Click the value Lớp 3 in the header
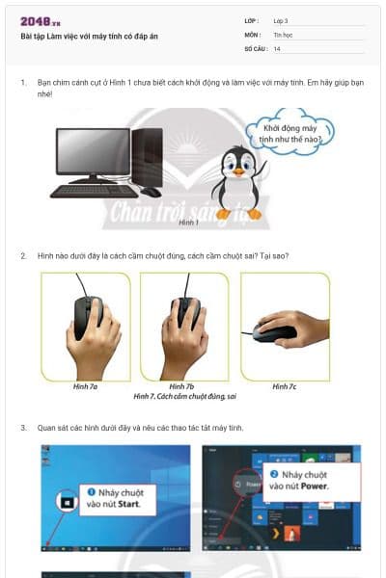click(282, 20)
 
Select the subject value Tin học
click(282, 34)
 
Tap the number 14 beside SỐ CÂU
click(277, 48)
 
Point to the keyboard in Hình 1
click(95, 190)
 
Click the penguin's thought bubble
click(292, 132)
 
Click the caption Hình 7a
click(85, 386)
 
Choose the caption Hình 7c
click(284, 386)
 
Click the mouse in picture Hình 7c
click(274, 333)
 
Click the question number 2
click(23, 255)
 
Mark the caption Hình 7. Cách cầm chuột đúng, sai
click(185, 396)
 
